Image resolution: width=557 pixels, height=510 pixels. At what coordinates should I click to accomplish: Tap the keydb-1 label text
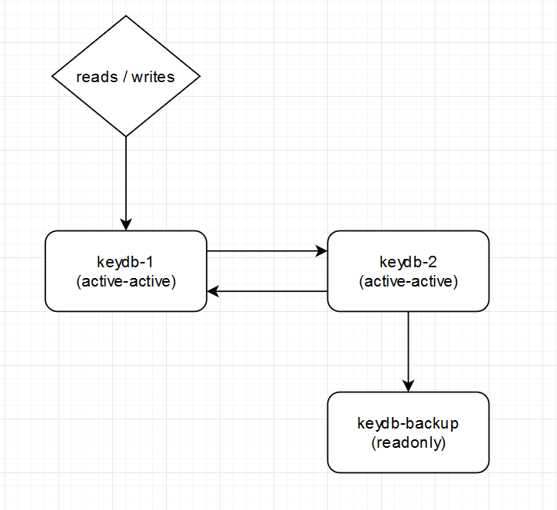pyautogui.click(x=126, y=262)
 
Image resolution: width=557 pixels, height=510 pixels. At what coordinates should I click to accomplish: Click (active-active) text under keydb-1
pyautogui.click(x=126, y=281)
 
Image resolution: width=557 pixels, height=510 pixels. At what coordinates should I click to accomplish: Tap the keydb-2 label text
pyautogui.click(x=408, y=262)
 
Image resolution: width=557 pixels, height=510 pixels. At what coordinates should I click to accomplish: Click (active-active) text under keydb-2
pyautogui.click(x=408, y=281)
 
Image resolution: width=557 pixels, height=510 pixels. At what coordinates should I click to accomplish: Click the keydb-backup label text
pyautogui.click(x=408, y=423)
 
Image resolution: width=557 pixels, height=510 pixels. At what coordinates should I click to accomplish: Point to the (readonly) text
pyautogui.click(x=408, y=442)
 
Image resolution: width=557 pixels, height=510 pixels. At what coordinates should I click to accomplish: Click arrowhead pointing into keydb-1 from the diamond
pyautogui.click(x=126, y=224)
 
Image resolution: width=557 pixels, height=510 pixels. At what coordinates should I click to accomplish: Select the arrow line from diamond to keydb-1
pyautogui.click(x=126, y=177)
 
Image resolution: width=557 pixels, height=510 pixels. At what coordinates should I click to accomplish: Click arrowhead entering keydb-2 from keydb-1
pyautogui.click(x=321, y=250)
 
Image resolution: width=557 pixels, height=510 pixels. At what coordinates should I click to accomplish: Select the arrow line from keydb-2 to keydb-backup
pyautogui.click(x=408, y=346)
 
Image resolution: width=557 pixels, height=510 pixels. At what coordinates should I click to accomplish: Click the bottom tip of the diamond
pyautogui.click(x=126, y=136)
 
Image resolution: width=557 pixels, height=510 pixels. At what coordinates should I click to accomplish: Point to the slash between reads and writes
pyautogui.click(x=125, y=77)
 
